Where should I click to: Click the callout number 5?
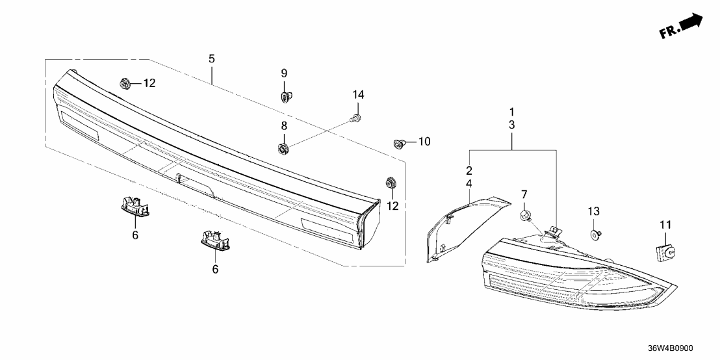coord(211,59)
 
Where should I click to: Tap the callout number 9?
coord(284,73)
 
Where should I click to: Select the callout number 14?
coord(358,95)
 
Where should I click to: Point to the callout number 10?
coord(424,141)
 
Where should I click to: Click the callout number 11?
coord(664,225)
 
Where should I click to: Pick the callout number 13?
coord(594,211)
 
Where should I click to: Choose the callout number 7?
coord(524,194)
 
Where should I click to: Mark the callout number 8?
coord(284,125)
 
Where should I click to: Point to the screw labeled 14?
coord(355,118)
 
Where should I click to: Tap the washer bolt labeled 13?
coord(595,234)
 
